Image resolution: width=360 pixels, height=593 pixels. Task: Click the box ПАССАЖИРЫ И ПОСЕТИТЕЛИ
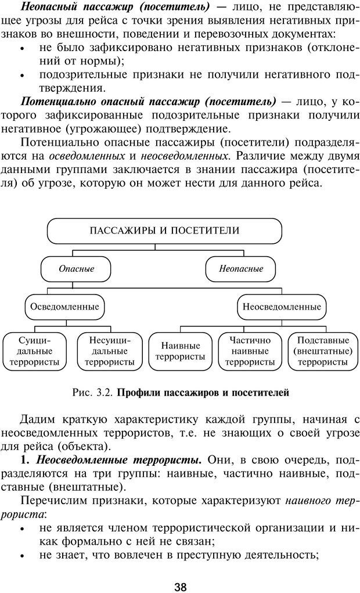click(164, 231)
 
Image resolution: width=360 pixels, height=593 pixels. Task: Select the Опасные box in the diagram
click(77, 269)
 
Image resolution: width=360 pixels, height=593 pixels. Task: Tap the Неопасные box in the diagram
click(241, 269)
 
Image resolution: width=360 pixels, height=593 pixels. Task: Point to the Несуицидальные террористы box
click(110, 351)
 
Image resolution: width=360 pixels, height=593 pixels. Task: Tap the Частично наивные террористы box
click(250, 351)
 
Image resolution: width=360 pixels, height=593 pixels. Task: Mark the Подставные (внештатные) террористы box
click(323, 351)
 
